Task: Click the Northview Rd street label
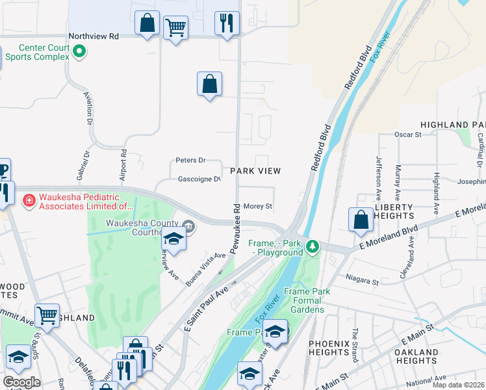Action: click(x=95, y=37)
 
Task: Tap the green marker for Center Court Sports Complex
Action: click(x=80, y=50)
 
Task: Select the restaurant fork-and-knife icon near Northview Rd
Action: click(x=227, y=23)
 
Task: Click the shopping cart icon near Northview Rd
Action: click(x=175, y=28)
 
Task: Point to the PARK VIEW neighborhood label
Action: click(x=255, y=171)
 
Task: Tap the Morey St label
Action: click(x=258, y=207)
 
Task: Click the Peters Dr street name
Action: click(x=190, y=161)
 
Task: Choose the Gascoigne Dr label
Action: click(x=199, y=179)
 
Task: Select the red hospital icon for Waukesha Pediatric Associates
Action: click(x=29, y=201)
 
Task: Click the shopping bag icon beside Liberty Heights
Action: click(x=361, y=220)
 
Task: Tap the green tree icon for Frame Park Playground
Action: click(x=313, y=246)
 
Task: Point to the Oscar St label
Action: click(x=408, y=135)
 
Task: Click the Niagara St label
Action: click(x=362, y=282)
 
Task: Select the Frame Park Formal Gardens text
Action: click(x=302, y=301)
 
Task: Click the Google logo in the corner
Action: click(x=21, y=382)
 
